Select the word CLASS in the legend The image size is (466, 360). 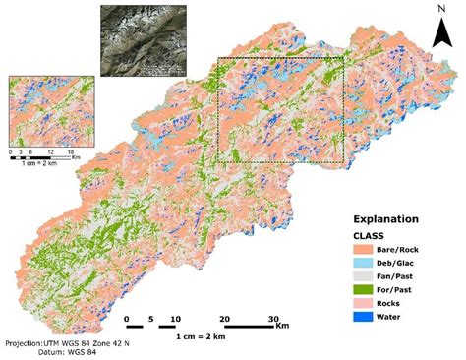[373, 236]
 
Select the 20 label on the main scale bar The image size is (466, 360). [224, 320]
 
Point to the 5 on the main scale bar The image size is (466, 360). [151, 320]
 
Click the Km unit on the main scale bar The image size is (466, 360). [285, 325]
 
